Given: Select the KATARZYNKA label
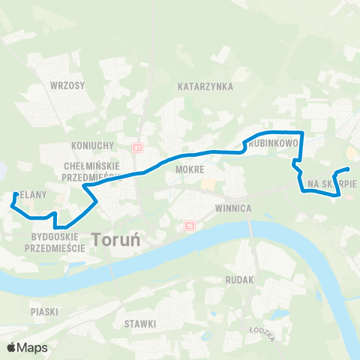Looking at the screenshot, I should click(x=205, y=86).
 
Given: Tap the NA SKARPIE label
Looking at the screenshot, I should click(x=331, y=183).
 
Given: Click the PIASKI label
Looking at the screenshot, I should click(x=45, y=310).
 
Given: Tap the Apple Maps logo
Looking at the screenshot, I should click(x=27, y=347).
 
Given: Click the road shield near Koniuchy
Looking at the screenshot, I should click(x=136, y=147).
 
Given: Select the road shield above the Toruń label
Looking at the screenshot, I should click(x=189, y=224).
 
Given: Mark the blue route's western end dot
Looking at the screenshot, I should click(x=15, y=195).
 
